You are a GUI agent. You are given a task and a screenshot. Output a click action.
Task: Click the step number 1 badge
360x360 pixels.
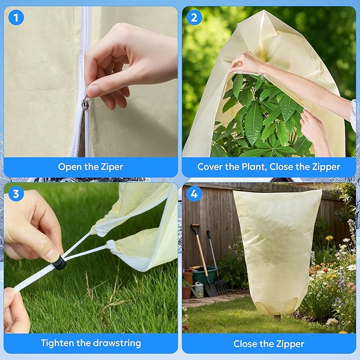point(16,18)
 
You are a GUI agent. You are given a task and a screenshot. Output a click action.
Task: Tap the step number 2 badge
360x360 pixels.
point(194,18)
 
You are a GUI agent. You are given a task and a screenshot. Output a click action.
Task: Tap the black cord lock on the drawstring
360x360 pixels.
point(59,262)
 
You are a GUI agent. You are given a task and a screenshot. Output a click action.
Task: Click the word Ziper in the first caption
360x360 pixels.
point(112,167)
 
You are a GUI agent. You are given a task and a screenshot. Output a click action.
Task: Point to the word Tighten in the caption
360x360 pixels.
point(58,343)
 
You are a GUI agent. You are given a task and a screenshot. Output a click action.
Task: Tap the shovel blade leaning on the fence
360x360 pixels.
point(210,289)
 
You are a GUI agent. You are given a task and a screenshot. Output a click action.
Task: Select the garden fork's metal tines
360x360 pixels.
point(222,286)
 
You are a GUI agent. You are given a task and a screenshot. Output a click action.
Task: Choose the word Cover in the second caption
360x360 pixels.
point(211,167)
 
